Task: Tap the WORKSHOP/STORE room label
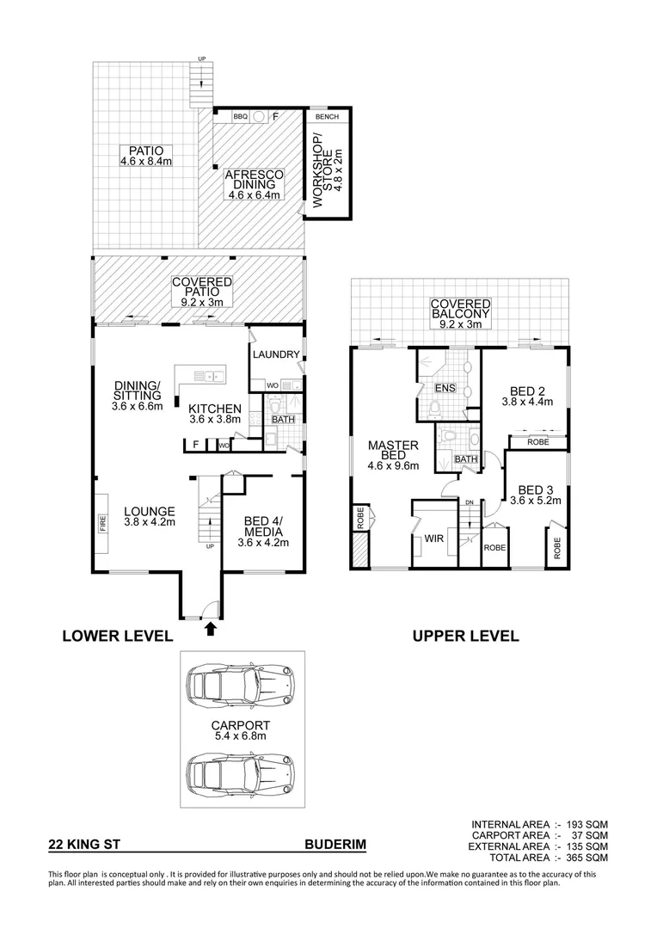(x=322, y=168)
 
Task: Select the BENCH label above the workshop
(x=327, y=116)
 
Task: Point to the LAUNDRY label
(x=276, y=354)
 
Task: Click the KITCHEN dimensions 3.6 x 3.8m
(x=215, y=420)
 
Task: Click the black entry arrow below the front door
(x=209, y=631)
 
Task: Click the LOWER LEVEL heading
(x=117, y=637)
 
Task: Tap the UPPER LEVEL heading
(x=465, y=637)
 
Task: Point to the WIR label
(x=433, y=539)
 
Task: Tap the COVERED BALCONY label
(x=461, y=309)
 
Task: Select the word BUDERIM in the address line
(x=335, y=846)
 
